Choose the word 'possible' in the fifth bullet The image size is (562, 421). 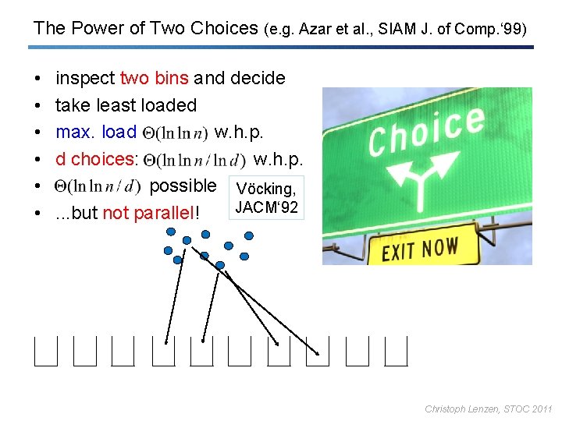(x=182, y=186)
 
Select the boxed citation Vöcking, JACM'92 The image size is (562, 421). (x=265, y=198)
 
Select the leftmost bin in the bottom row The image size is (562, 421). (x=46, y=351)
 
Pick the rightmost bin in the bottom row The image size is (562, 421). (x=397, y=351)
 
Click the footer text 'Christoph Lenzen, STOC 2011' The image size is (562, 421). (x=488, y=409)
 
